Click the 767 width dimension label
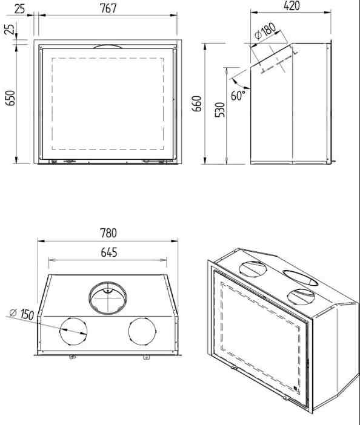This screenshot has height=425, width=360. click(x=108, y=8)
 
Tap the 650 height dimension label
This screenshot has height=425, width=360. click(x=10, y=98)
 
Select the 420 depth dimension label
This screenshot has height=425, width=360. click(x=292, y=5)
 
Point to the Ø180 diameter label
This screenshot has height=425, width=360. click(x=265, y=31)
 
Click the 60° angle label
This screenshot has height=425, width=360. click(x=238, y=96)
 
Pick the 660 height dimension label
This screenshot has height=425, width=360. click(x=197, y=104)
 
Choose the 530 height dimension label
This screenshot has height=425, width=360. click(x=220, y=110)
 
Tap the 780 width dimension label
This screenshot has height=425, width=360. click(x=108, y=233)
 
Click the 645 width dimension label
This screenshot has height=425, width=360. click(x=108, y=252)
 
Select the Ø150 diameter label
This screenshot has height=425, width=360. click(x=22, y=314)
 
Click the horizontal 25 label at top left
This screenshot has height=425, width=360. click(x=19, y=9)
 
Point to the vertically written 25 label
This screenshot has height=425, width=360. click(x=9, y=29)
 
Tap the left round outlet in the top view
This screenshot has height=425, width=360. click(x=73, y=331)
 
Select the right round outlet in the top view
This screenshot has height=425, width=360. click(x=142, y=331)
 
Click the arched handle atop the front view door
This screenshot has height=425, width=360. click(x=108, y=45)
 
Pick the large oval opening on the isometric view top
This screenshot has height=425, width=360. click(x=301, y=277)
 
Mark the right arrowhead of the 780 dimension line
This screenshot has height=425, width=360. click(x=175, y=241)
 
